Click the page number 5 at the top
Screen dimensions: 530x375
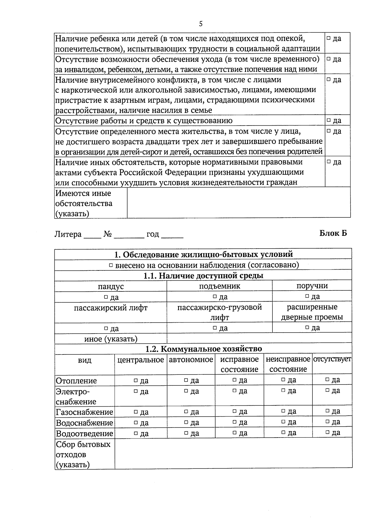click(201, 24)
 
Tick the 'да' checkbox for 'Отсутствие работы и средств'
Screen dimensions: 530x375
click(328, 121)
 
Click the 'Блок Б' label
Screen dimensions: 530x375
click(333, 233)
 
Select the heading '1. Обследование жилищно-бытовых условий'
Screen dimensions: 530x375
click(203, 254)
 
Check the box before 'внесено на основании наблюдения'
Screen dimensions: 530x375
click(111, 265)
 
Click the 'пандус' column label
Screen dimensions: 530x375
click(111, 286)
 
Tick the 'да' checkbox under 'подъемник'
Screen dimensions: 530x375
click(214, 296)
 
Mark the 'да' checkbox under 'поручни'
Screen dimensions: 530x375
click(307, 296)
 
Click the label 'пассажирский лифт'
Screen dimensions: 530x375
click(111, 308)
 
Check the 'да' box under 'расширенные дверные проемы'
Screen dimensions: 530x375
click(307, 327)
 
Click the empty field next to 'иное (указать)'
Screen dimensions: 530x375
click(259, 339)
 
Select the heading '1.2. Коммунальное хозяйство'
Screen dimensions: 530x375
click(203, 349)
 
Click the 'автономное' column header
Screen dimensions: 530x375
click(191, 360)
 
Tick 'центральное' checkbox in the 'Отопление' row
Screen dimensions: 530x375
click(136, 380)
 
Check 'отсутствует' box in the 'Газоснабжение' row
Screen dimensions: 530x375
click(327, 411)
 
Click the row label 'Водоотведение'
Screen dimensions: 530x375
click(84, 433)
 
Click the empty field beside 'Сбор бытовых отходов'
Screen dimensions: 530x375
click(233, 454)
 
